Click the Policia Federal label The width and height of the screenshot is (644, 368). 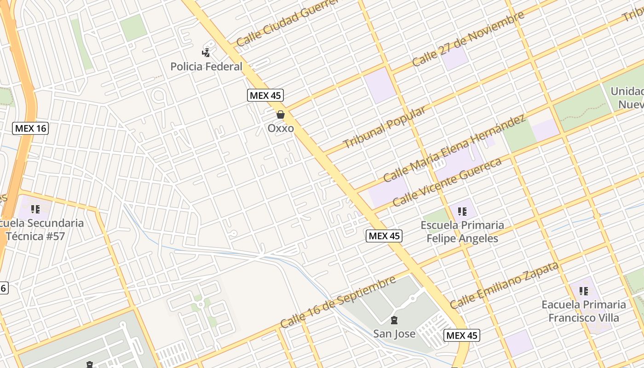tap(206, 67)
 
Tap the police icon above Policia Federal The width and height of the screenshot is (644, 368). tap(206, 52)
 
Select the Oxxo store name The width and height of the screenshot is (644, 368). tap(281, 128)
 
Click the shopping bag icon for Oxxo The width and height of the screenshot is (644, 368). tap(281, 115)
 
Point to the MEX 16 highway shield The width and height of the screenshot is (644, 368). tap(30, 128)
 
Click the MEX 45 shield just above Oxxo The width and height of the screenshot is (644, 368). tap(265, 96)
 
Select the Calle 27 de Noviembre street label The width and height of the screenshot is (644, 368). tap(468, 40)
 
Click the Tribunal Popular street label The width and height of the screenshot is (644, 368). tap(384, 128)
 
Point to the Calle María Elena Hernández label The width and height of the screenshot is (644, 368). tap(454, 149)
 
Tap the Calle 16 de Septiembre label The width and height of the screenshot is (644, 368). tap(338, 302)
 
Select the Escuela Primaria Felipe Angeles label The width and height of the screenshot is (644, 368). tap(462, 232)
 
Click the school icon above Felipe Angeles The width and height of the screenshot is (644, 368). tap(462, 212)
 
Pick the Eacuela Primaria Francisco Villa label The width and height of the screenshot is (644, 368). tap(584, 311)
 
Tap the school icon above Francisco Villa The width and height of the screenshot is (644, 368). tap(584, 291)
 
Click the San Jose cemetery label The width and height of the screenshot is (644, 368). tap(394, 334)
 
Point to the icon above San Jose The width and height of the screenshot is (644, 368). tap(394, 320)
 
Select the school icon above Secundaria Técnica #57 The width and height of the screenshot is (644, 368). tap(35, 209)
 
